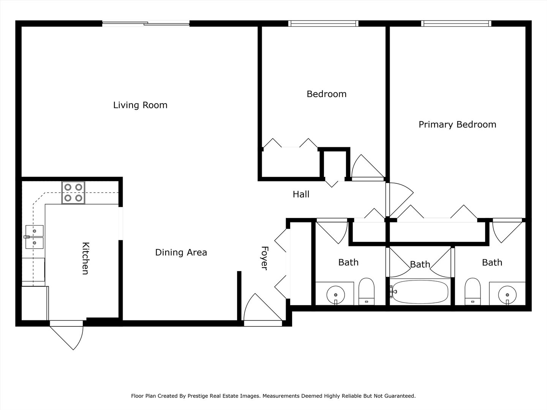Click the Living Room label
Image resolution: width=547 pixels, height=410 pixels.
(x=140, y=105)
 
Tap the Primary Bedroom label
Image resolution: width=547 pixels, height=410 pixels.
(x=457, y=125)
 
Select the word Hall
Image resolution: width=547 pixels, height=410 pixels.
(x=301, y=194)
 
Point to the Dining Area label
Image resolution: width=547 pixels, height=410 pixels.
(x=181, y=252)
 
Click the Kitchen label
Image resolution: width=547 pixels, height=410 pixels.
(x=85, y=258)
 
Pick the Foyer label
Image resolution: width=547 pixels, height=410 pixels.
(x=264, y=258)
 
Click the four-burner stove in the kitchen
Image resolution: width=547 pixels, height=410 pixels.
(x=73, y=193)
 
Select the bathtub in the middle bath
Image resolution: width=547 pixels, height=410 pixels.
(x=420, y=292)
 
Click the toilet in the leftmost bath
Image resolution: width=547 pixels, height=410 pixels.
(x=366, y=292)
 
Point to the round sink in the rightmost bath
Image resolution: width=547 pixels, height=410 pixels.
(x=507, y=295)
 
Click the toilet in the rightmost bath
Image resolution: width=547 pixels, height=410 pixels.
(x=473, y=292)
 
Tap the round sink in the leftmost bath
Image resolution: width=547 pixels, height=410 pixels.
(x=336, y=295)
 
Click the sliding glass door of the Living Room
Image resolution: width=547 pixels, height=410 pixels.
(x=146, y=24)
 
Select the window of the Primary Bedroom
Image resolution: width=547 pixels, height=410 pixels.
(x=456, y=24)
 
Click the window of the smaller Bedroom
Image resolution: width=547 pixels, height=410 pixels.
(x=324, y=24)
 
